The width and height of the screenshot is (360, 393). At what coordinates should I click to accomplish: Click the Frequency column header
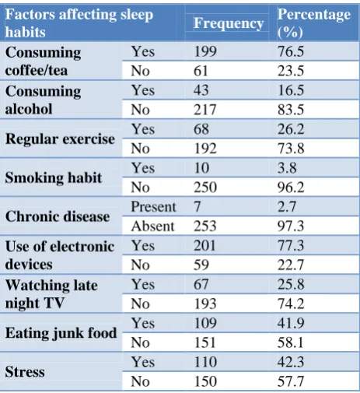tap(229, 23)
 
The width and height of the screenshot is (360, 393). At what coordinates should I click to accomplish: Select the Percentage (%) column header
tap(313, 23)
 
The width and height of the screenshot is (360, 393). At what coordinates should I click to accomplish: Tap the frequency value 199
tap(205, 51)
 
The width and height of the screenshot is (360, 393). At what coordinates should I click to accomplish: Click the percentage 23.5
tap(291, 71)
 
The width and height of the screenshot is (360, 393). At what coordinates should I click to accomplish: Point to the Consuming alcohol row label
tap(43, 100)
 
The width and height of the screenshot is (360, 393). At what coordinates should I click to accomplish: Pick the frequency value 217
tap(205, 110)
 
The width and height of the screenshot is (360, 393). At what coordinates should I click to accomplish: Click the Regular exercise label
tap(60, 139)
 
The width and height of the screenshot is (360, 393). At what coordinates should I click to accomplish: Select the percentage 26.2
tap(291, 129)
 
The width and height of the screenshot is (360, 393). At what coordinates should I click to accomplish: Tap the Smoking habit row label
tap(54, 177)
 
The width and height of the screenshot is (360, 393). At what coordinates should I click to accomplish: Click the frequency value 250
tap(205, 187)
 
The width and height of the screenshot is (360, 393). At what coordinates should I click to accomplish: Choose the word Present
tap(153, 207)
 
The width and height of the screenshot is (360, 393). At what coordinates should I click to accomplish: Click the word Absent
tap(153, 226)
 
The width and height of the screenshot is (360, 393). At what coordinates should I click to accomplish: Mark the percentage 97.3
tap(291, 226)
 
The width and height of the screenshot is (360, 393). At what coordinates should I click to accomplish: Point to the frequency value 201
tap(204, 245)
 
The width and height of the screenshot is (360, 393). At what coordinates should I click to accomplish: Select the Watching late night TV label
tap(51, 294)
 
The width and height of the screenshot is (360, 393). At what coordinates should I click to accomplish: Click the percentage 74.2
tap(291, 304)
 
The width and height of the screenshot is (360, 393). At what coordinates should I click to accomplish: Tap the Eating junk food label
tap(61, 333)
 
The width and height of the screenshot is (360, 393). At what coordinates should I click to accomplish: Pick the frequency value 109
tap(205, 323)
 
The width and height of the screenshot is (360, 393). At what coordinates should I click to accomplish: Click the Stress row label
tap(25, 371)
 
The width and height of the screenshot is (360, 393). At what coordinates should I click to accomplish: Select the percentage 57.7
tap(291, 381)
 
